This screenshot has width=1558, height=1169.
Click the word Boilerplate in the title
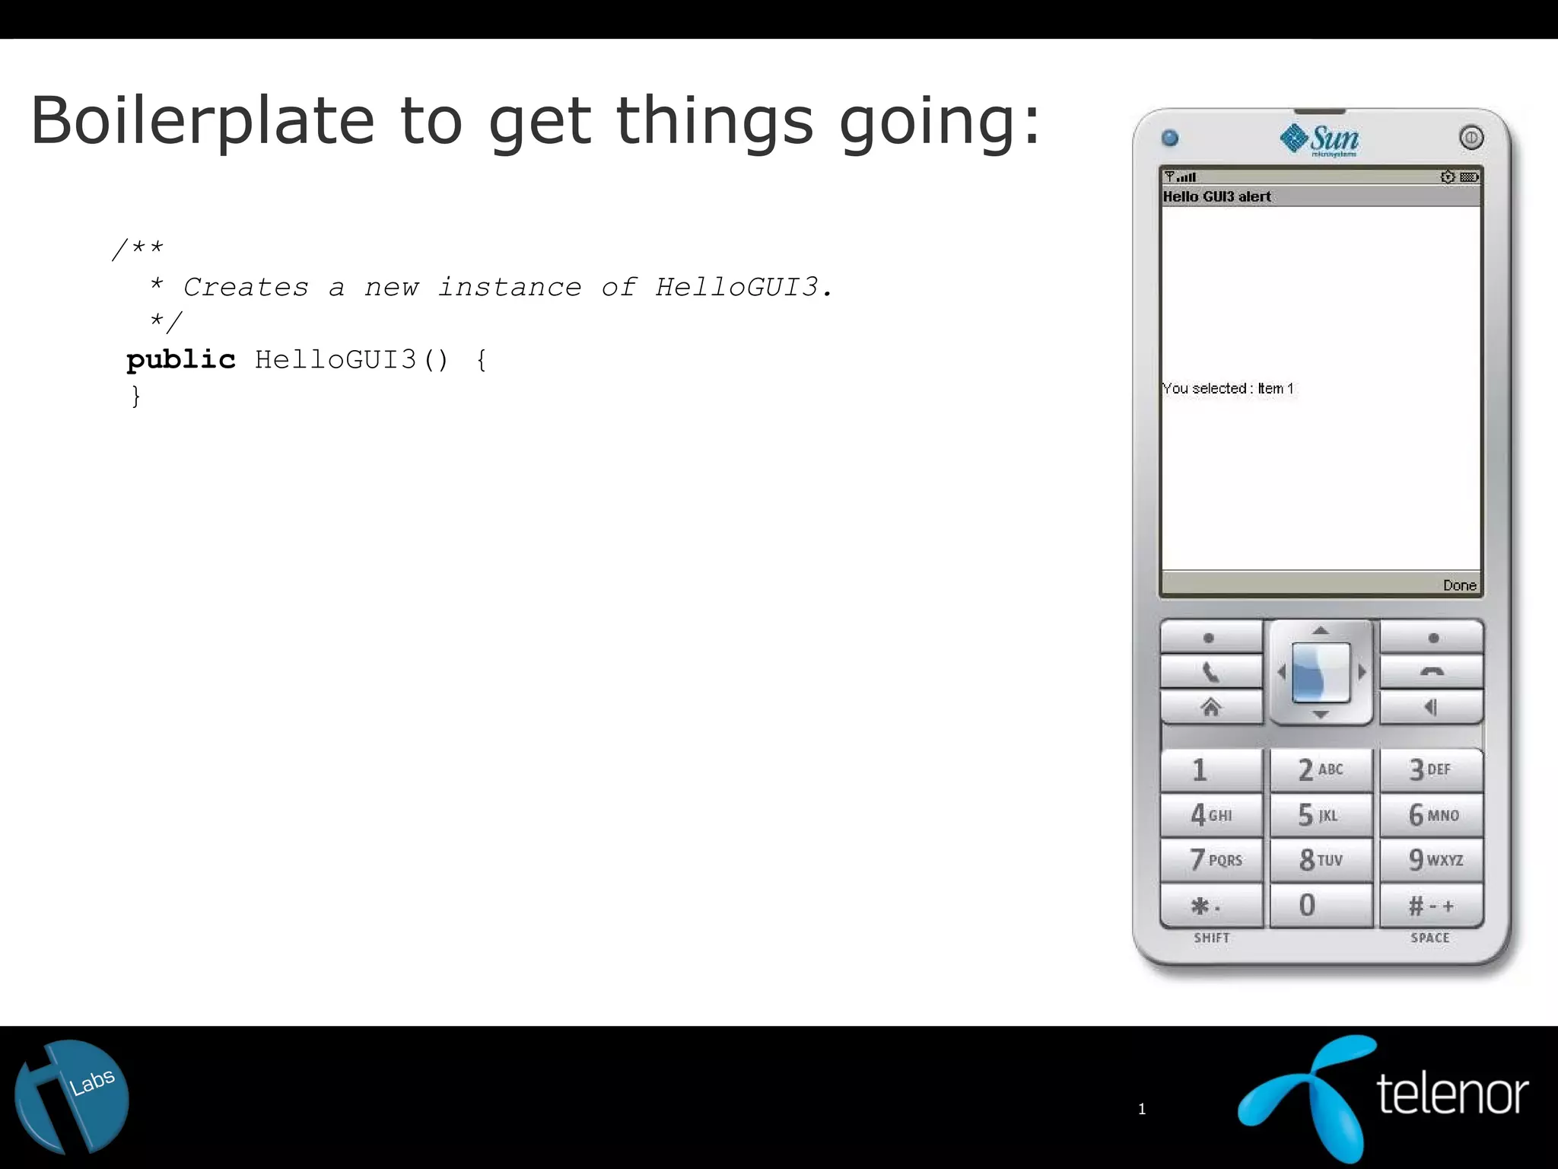coord(202,121)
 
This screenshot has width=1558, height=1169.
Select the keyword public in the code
coord(181,359)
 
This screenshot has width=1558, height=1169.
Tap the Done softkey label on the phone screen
coord(1459,585)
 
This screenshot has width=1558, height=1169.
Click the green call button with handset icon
coord(1210,673)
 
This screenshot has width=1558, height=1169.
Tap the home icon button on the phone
coord(1210,708)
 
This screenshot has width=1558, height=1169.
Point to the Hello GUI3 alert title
coord(1216,196)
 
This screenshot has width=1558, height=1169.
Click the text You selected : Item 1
coord(1228,388)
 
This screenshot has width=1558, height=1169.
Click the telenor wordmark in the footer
coord(1451,1094)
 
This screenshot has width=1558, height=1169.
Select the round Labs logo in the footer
coord(72,1097)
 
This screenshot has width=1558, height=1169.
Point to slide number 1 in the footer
coord(1141,1109)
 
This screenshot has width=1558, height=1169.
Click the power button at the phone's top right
coord(1471,138)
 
